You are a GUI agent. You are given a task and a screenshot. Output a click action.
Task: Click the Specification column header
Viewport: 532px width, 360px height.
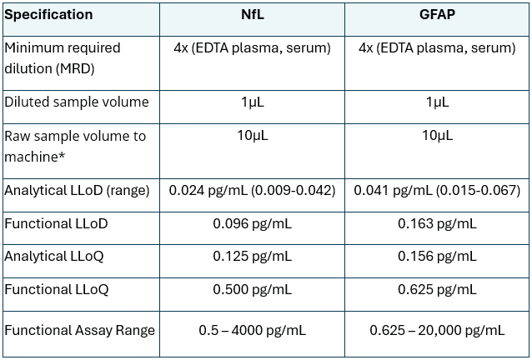pyautogui.click(x=48, y=15)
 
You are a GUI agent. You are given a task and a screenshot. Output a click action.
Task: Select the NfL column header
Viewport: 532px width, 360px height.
pyautogui.click(x=252, y=15)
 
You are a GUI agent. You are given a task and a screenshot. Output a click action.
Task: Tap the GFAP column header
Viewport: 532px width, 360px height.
pyautogui.click(x=436, y=15)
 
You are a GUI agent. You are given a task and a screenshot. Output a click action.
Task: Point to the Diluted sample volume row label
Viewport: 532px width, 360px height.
pyautogui.click(x=77, y=102)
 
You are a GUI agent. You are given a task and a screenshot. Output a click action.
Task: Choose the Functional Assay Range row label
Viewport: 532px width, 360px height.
pyautogui.click(x=80, y=330)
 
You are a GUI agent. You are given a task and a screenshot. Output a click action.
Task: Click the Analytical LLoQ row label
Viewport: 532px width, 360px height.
pyautogui.click(x=54, y=256)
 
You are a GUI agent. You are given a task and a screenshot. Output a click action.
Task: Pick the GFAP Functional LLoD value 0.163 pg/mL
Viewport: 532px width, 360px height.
pyautogui.click(x=437, y=223)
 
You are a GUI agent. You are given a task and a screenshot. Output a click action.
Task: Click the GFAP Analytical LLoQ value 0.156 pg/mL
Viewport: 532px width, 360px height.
pyautogui.click(x=437, y=256)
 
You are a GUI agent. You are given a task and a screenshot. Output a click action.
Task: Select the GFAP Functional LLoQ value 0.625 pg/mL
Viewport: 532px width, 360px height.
pyautogui.click(x=437, y=289)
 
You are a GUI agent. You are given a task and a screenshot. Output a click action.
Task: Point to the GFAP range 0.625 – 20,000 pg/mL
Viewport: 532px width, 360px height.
pyautogui.click(x=437, y=330)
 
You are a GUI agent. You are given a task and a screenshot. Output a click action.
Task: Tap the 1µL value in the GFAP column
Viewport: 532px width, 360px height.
pyautogui.click(x=437, y=102)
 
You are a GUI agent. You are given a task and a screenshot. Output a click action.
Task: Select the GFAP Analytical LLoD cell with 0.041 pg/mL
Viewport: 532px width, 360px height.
pyautogui.click(x=437, y=190)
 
